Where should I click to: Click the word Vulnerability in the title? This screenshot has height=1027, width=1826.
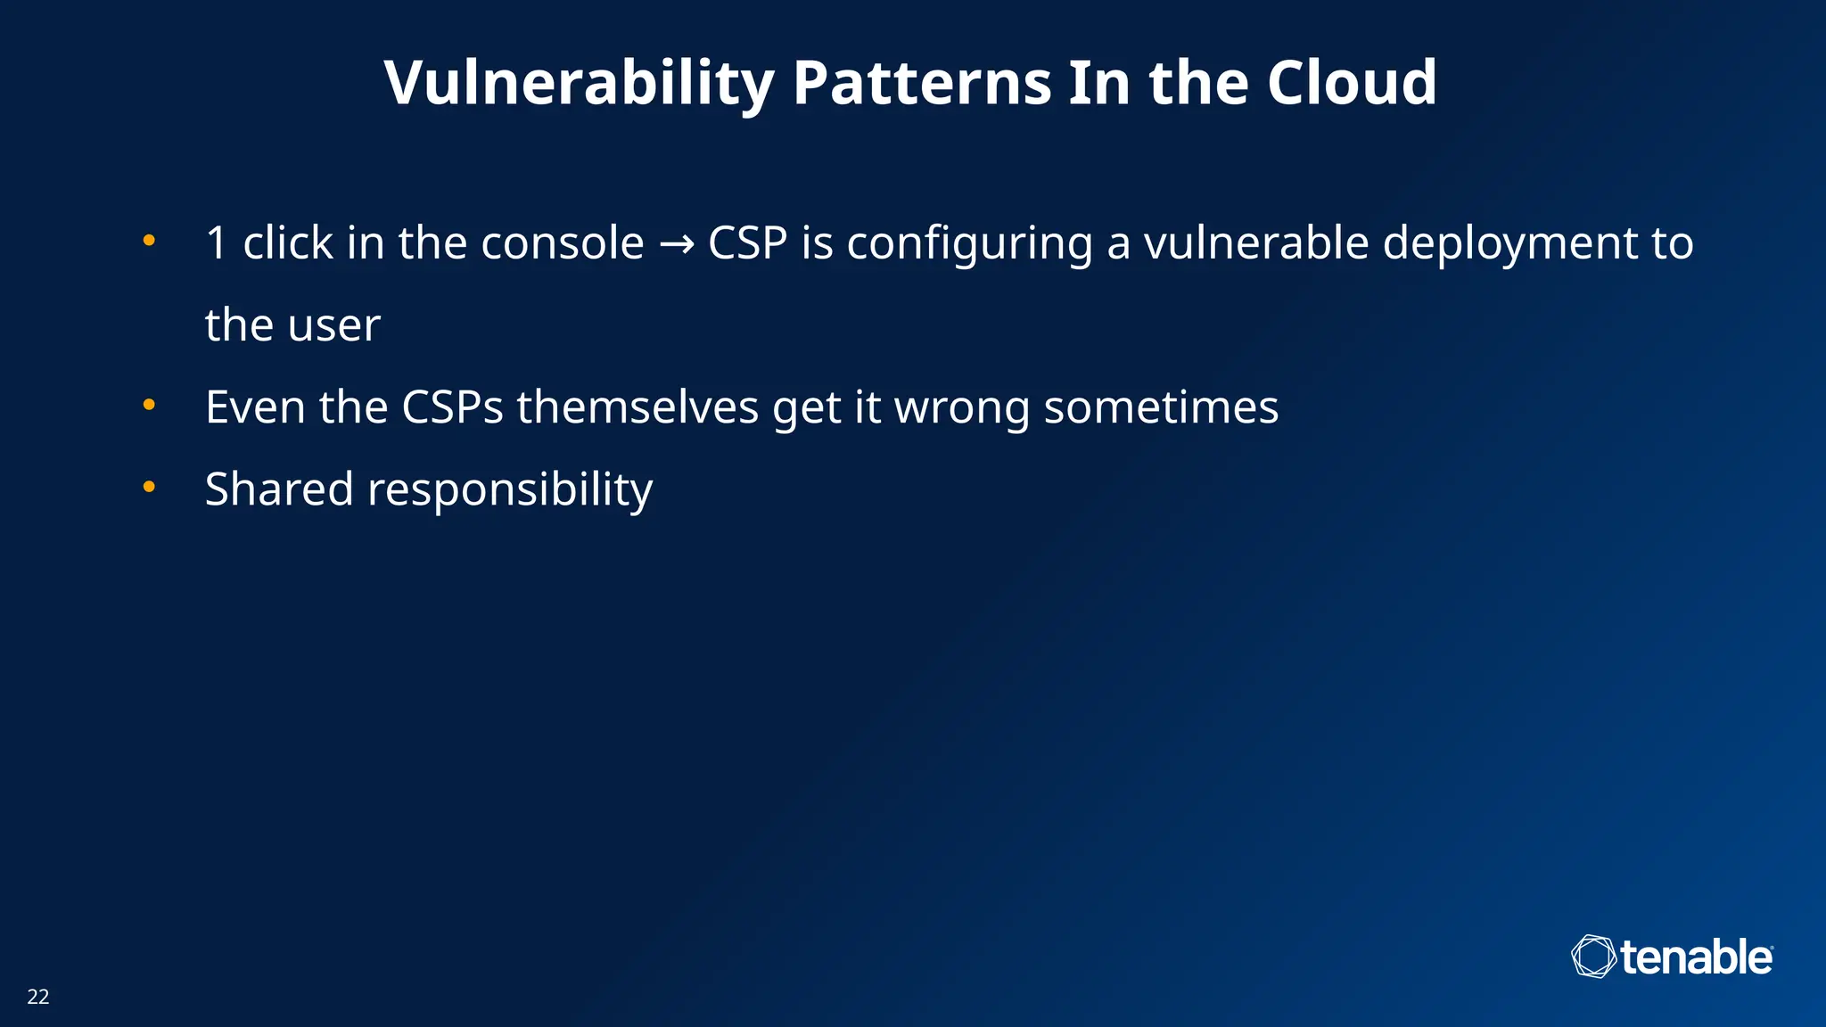pyautogui.click(x=579, y=84)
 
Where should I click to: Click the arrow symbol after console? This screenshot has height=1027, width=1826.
pyautogui.click(x=676, y=243)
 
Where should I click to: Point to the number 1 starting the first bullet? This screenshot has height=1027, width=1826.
pyautogui.click(x=217, y=242)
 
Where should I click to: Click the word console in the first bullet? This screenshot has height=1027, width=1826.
pyautogui.click(x=562, y=242)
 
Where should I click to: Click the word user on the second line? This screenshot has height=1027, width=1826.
pyautogui.click(x=334, y=325)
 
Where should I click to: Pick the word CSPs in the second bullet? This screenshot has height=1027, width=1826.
pyautogui.click(x=452, y=407)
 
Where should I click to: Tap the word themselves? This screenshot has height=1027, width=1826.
pyautogui.click(x=637, y=407)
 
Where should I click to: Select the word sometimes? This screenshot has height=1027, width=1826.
pyautogui.click(x=1161, y=407)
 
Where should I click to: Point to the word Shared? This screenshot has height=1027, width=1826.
pyautogui.click(x=279, y=489)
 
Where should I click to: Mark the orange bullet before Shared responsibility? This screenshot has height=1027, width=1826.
pyautogui.click(x=149, y=487)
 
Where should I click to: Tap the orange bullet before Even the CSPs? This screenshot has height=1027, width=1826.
pyautogui.click(x=149, y=405)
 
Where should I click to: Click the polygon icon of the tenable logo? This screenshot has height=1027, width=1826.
pyautogui.click(x=1592, y=957)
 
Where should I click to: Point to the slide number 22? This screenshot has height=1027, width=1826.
pyautogui.click(x=38, y=997)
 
